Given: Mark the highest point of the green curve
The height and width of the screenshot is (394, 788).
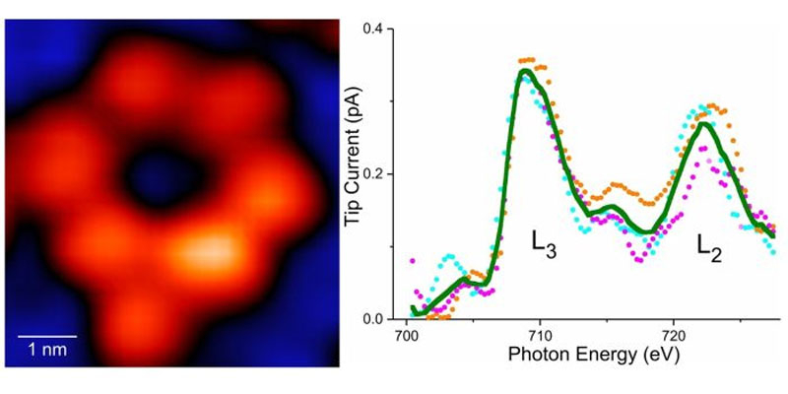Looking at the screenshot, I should [x=525, y=70].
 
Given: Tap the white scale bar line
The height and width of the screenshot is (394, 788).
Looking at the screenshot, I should [x=46, y=338].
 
